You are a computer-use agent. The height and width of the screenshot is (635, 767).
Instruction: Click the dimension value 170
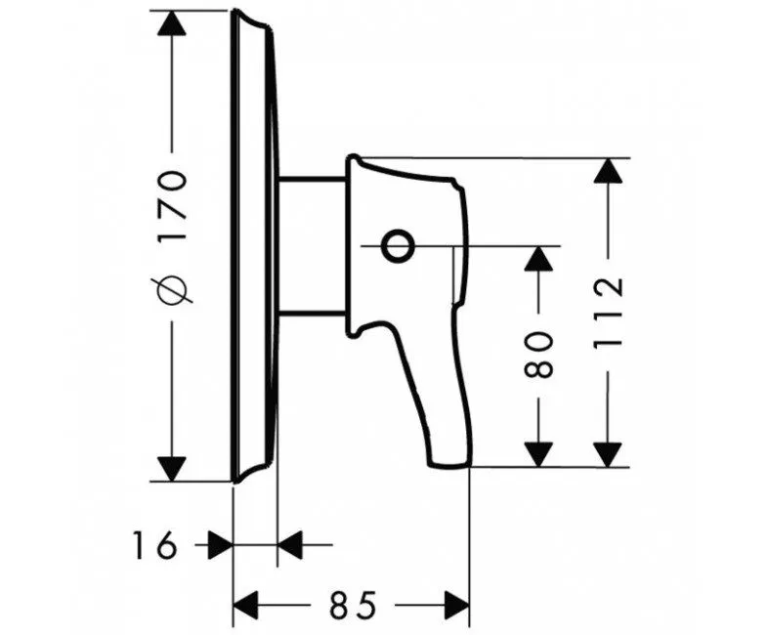pyautogui.click(x=171, y=204)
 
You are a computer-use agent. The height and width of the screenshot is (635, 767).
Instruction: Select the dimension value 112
pyautogui.click(x=608, y=313)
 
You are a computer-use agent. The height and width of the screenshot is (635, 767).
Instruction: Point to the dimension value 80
pyautogui.click(x=538, y=355)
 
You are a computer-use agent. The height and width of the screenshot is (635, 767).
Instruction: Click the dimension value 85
pyautogui.click(x=353, y=605)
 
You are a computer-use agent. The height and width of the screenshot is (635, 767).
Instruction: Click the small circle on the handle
pyautogui.click(x=397, y=245)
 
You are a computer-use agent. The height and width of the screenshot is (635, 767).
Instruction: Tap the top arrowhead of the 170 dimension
pyautogui.click(x=171, y=23)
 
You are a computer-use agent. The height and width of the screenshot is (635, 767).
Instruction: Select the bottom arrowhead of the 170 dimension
pyautogui.click(x=171, y=468)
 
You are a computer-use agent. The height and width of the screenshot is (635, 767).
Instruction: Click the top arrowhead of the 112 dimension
pyautogui.click(x=608, y=171)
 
